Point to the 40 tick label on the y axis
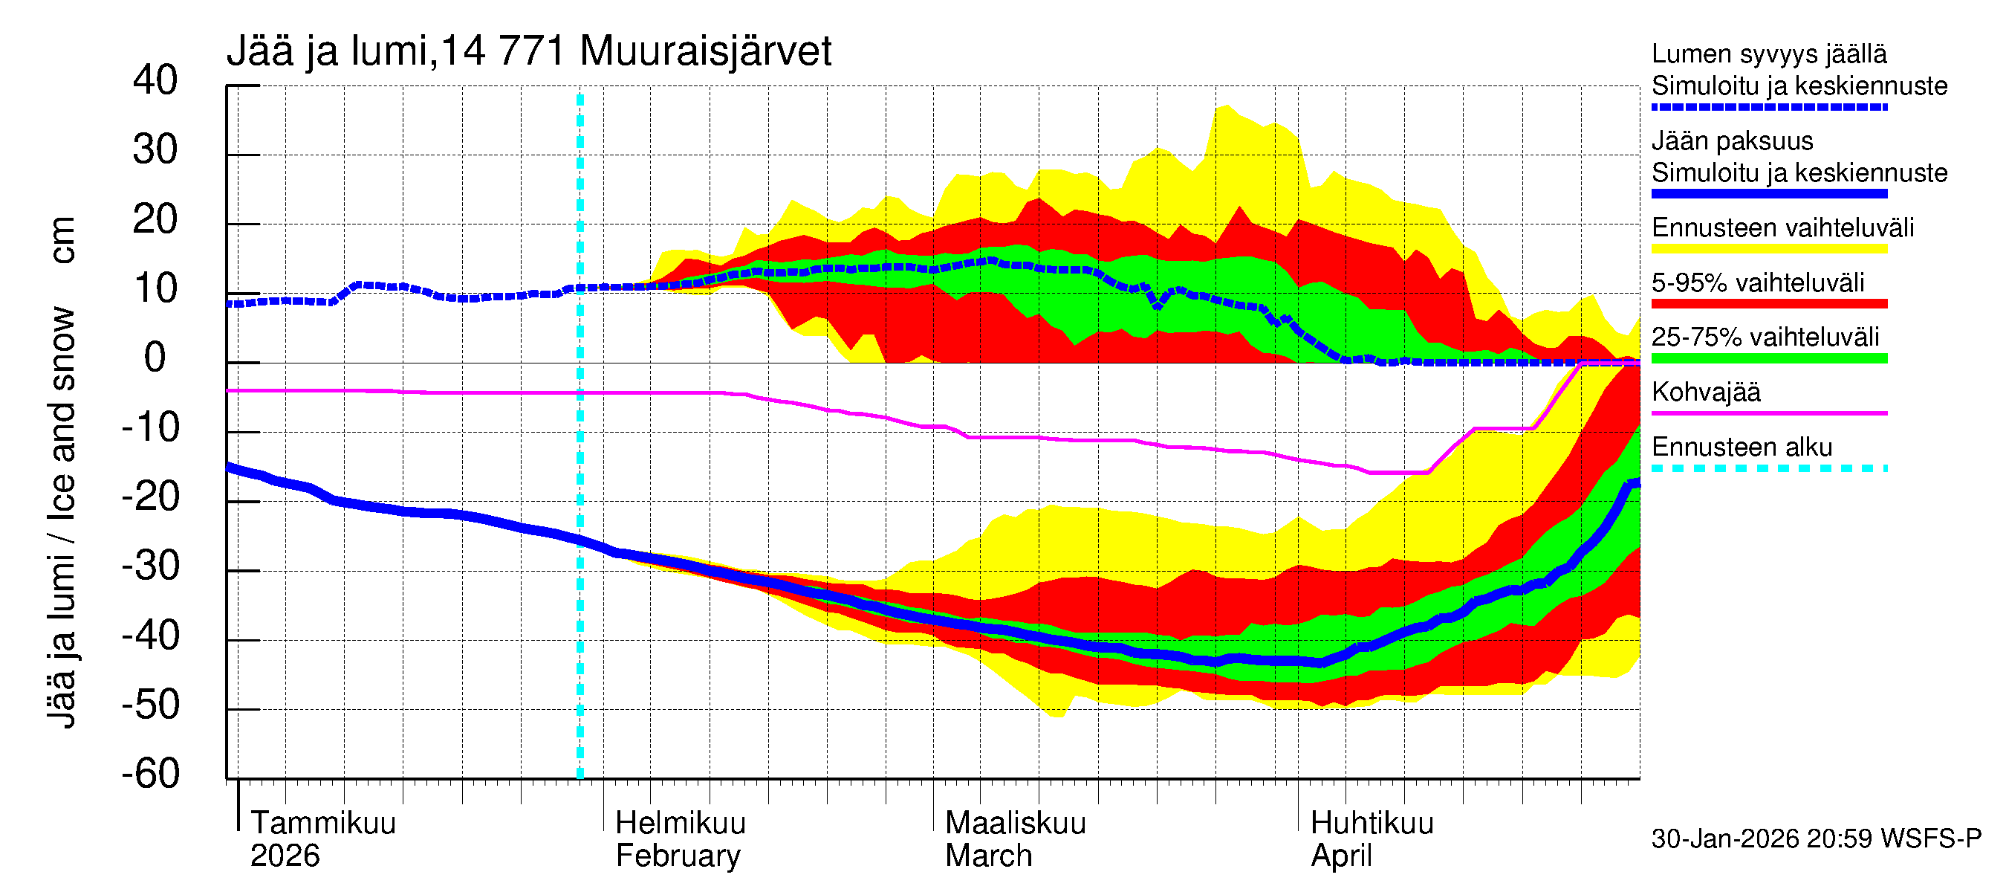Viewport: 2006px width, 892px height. (x=155, y=81)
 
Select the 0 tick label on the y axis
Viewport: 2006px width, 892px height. (x=155, y=358)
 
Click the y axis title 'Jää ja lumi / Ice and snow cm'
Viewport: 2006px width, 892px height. (x=62, y=471)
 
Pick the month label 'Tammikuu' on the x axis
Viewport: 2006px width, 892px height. (x=323, y=824)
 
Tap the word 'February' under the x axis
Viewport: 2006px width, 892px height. (x=678, y=856)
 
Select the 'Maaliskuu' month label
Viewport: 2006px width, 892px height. (x=1015, y=824)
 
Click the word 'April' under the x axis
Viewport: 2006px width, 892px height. (x=1341, y=856)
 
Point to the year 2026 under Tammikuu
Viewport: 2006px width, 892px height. (x=285, y=856)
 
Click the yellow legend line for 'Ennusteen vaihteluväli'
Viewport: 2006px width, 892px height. (x=1768, y=249)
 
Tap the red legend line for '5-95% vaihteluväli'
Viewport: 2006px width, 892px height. (x=1768, y=304)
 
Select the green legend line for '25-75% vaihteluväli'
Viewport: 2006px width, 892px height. (x=1768, y=358)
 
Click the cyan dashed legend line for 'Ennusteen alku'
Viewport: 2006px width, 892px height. (x=1768, y=469)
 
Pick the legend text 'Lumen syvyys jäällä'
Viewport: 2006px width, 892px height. (x=1768, y=54)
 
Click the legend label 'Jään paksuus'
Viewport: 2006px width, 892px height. (x=1732, y=142)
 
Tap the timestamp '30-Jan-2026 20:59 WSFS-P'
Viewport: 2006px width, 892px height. (x=1815, y=839)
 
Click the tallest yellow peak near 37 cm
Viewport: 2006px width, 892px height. (x=1226, y=107)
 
